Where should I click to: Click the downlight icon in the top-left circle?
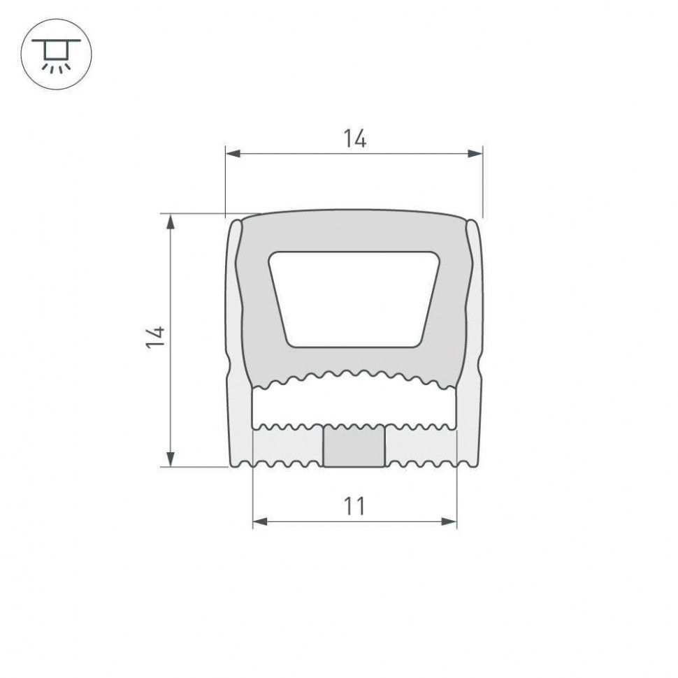click(x=57, y=55)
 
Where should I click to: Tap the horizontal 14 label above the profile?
click(x=354, y=140)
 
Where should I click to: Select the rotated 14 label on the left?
click(x=157, y=337)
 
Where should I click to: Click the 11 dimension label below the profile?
click(x=354, y=506)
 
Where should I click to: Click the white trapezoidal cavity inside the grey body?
click(x=354, y=298)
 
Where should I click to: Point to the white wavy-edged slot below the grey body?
click(x=354, y=403)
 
